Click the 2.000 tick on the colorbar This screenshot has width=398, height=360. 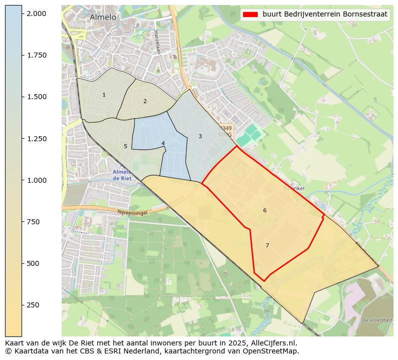tap(36, 14)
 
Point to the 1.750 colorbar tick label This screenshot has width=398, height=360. tap(36, 55)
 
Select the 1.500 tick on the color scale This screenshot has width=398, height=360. tap(36, 97)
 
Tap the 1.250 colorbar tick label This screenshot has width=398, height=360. tap(36, 139)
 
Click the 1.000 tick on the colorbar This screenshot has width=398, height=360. tap(36, 180)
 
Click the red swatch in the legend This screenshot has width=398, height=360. tap(250, 15)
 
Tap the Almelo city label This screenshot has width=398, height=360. tap(103, 17)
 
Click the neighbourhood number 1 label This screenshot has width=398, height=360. tap(104, 95)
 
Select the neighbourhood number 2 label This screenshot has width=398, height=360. tap(145, 101)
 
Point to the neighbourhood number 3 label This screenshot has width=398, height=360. tap(200, 136)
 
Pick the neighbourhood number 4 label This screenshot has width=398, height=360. tap(163, 143)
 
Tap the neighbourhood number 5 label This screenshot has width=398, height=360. tap(125, 146)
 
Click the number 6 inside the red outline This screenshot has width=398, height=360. tap(265, 210)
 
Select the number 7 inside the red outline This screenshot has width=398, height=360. tap(267, 245)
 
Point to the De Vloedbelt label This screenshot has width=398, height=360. tap(376, 320)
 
